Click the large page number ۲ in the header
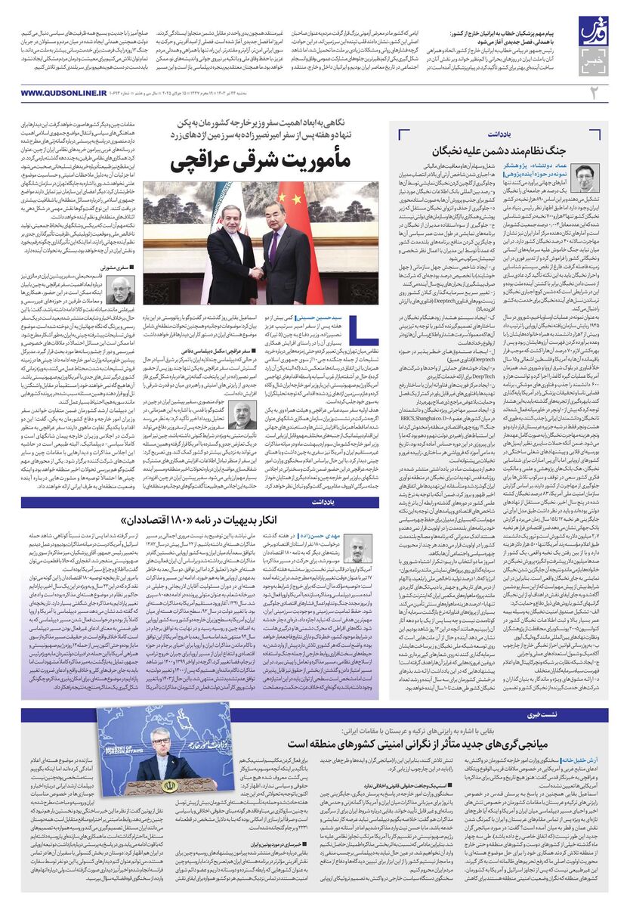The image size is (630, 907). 594,93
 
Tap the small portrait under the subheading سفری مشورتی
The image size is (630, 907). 122,289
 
